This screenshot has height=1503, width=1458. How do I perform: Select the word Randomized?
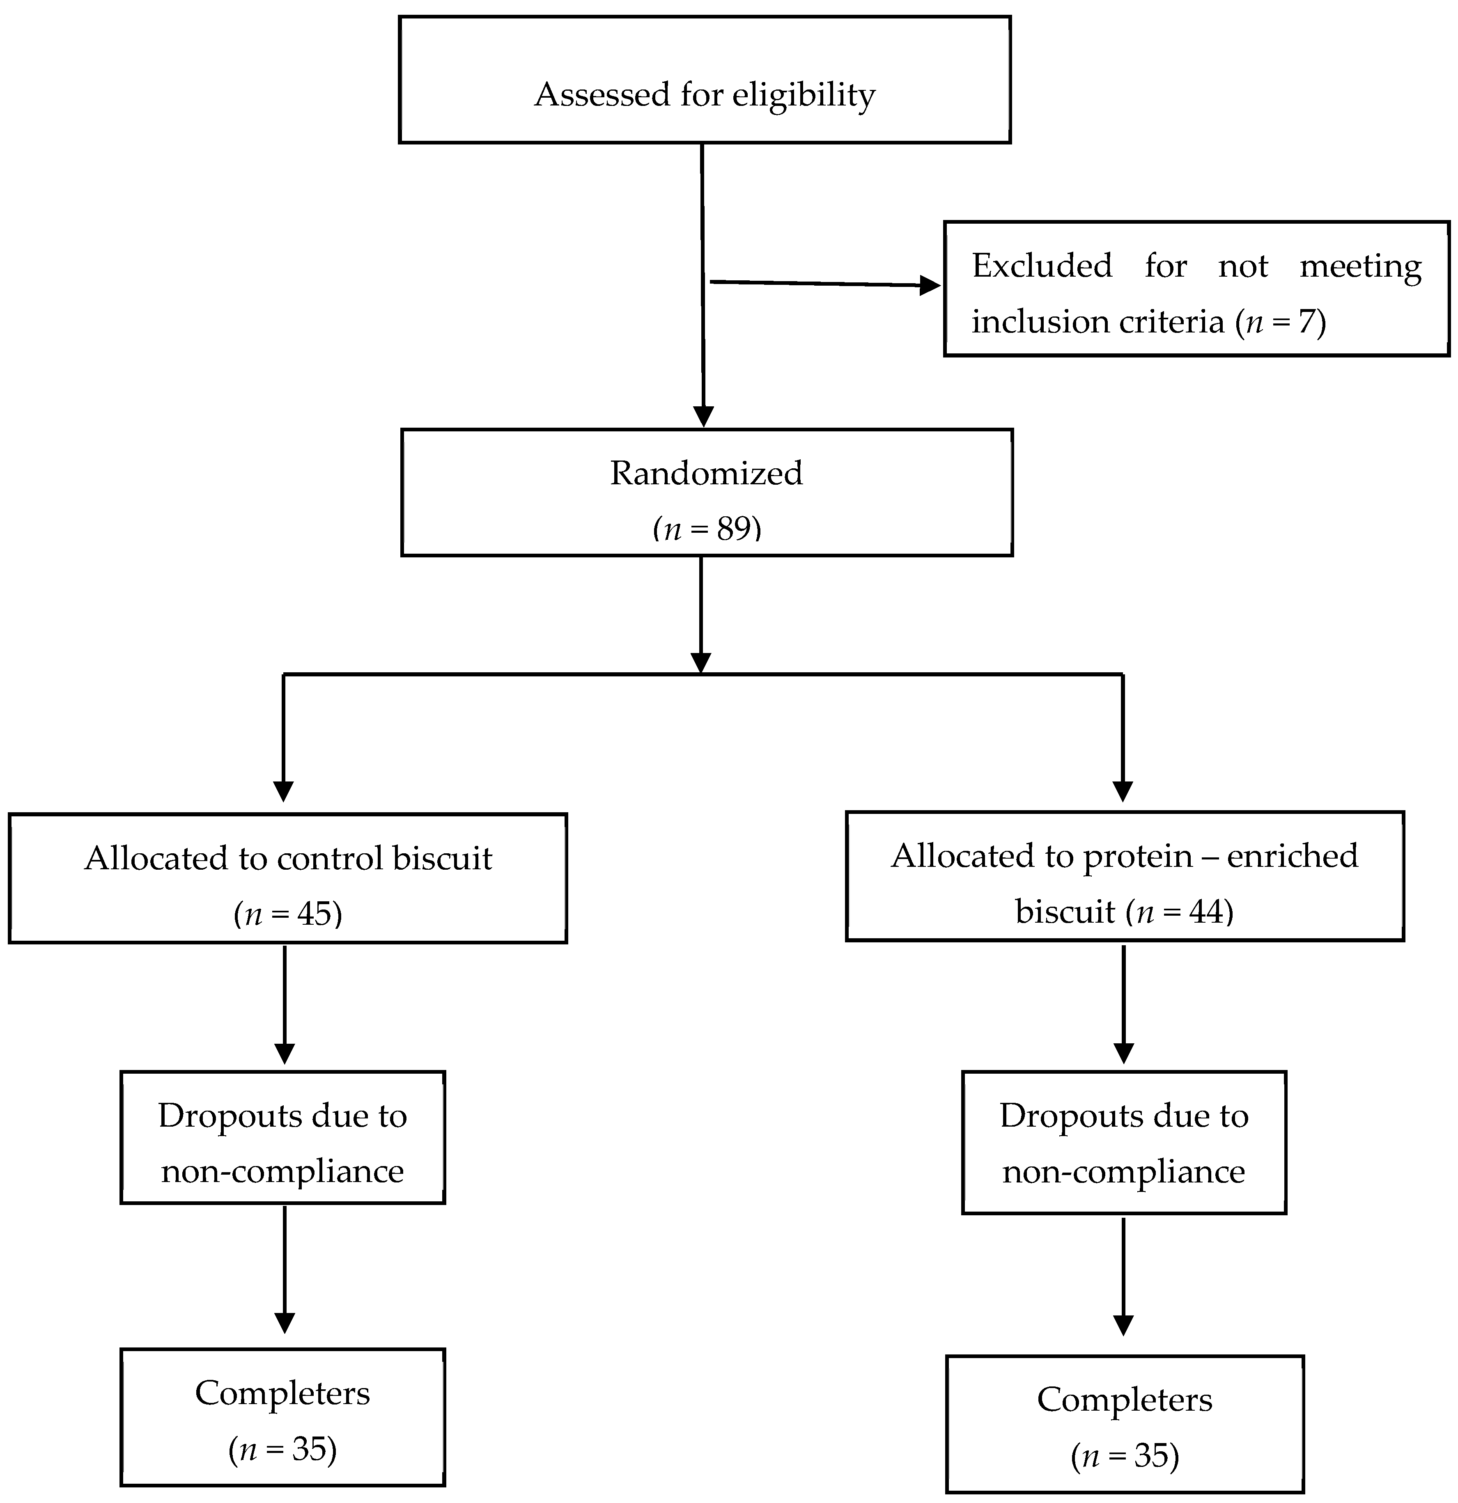[706, 473]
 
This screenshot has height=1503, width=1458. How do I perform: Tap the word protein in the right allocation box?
[1137, 856]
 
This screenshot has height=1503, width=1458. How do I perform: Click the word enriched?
[1293, 856]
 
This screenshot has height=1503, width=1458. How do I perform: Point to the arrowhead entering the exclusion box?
[930, 286]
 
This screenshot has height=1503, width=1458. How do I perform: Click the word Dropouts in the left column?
[218, 1116]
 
